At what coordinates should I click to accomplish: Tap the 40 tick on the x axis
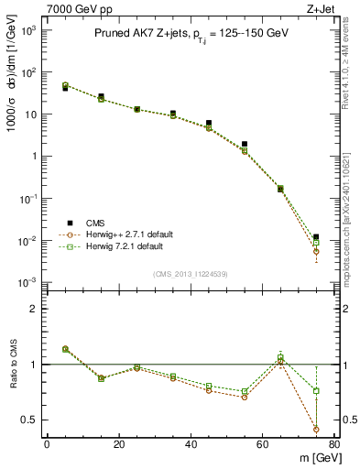[191, 444]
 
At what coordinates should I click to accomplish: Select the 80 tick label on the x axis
[334, 444]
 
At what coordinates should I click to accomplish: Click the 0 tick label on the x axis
[47, 444]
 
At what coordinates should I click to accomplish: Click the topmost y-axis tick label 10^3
[28, 30]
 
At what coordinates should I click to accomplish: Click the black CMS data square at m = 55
[245, 144]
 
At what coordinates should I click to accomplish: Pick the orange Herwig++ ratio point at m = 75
[316, 429]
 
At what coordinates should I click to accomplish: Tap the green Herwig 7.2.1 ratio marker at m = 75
[316, 391]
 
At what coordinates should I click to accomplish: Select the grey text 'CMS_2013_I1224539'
[191, 273]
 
